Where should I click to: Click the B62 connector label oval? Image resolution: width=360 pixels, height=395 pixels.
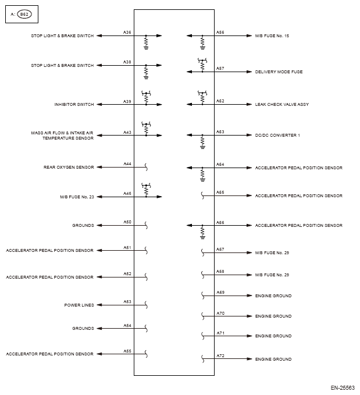pyautogui.click(x=24, y=15)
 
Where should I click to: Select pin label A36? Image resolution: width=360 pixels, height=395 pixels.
pyautogui.click(x=127, y=31)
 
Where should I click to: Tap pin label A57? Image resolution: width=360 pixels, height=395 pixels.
pyautogui.click(x=220, y=68)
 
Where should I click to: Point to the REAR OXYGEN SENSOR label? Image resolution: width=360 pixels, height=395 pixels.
pyautogui.click(x=69, y=167)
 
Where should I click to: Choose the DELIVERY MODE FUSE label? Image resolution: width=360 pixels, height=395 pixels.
pyautogui.click(x=279, y=72)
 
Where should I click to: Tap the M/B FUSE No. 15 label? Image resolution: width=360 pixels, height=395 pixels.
pyautogui.click(x=272, y=36)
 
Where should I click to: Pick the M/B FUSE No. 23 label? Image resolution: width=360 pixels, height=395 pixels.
pyautogui.click(x=77, y=197)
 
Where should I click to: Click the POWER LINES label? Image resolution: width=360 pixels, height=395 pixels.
pyautogui.click(x=79, y=305)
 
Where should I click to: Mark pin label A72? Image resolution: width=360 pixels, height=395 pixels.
pyautogui.click(x=220, y=355)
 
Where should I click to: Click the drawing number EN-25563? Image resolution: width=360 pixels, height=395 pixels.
pyautogui.click(x=342, y=386)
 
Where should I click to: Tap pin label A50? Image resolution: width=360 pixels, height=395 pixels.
pyautogui.click(x=127, y=222)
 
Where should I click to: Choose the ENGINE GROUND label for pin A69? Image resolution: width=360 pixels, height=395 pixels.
pyautogui.click(x=273, y=296)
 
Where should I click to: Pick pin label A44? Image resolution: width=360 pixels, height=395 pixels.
pyautogui.click(x=127, y=163)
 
